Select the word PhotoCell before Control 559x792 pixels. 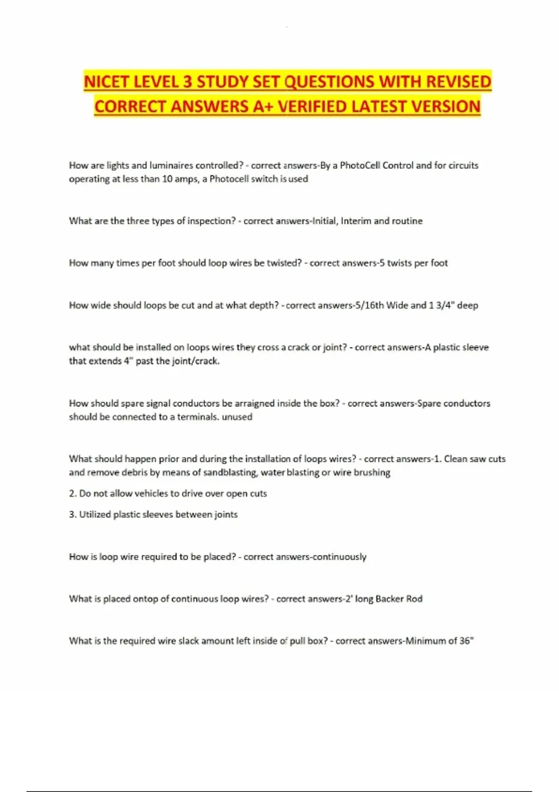click(360, 165)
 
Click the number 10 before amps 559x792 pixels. click(167, 179)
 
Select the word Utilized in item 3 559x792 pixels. click(95, 515)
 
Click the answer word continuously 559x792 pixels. click(339, 557)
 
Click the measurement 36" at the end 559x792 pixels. click(466, 641)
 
